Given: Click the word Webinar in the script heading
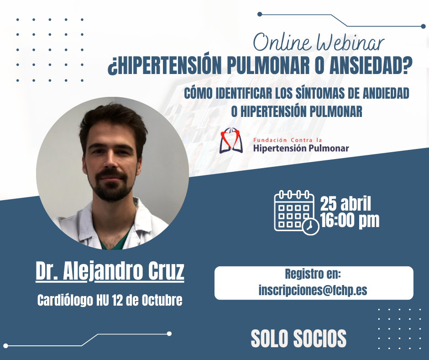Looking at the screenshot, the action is tap(350, 42).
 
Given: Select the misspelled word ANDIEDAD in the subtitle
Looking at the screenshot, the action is tap(386, 93).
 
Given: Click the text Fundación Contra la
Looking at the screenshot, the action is tap(288, 140).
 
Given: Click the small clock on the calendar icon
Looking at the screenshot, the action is tap(311, 227).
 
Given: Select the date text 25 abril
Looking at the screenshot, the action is tap(345, 204).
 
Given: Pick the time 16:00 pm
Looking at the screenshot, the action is tap(350, 220).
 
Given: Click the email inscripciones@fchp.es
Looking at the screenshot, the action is tap(313, 290).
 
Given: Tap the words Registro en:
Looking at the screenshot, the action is tap(313, 274).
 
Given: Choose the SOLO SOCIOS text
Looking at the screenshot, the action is tap(298, 339).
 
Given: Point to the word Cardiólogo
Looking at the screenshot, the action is tap(65, 301).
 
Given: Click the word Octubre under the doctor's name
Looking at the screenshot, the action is tap(162, 300).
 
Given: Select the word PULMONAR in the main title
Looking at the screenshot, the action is tap(268, 66).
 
